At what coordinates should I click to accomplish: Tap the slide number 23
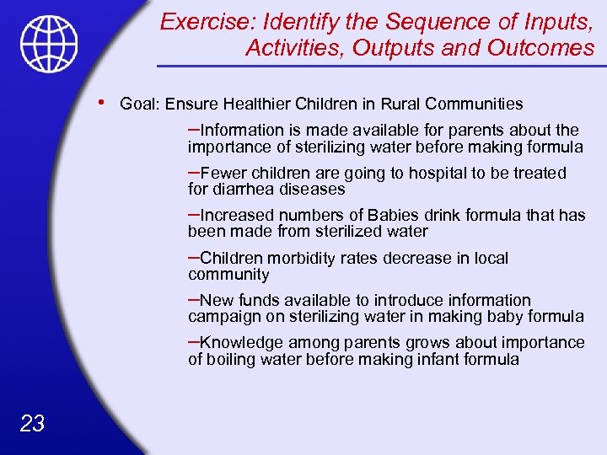click(x=31, y=423)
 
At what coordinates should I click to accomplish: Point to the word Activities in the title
click(x=295, y=48)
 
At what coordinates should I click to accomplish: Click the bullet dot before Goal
click(x=100, y=102)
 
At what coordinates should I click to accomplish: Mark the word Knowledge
click(x=243, y=343)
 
